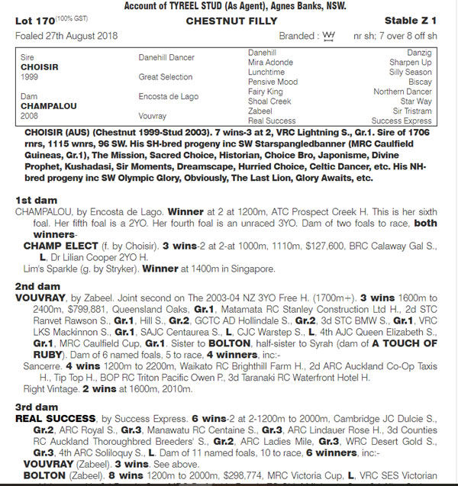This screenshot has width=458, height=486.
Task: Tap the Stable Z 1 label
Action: (x=414, y=21)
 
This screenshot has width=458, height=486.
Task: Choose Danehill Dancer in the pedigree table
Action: (x=166, y=57)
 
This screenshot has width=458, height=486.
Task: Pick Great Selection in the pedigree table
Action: (x=165, y=77)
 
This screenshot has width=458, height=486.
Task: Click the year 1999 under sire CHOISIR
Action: (x=30, y=77)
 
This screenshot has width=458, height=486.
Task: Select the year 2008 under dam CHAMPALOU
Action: (x=30, y=116)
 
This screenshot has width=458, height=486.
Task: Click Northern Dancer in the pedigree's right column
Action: (x=402, y=92)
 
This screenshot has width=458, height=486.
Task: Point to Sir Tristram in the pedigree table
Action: (x=413, y=111)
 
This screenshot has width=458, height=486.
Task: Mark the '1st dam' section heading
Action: (x=31, y=199)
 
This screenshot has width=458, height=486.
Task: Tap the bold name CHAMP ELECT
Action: (x=60, y=246)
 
